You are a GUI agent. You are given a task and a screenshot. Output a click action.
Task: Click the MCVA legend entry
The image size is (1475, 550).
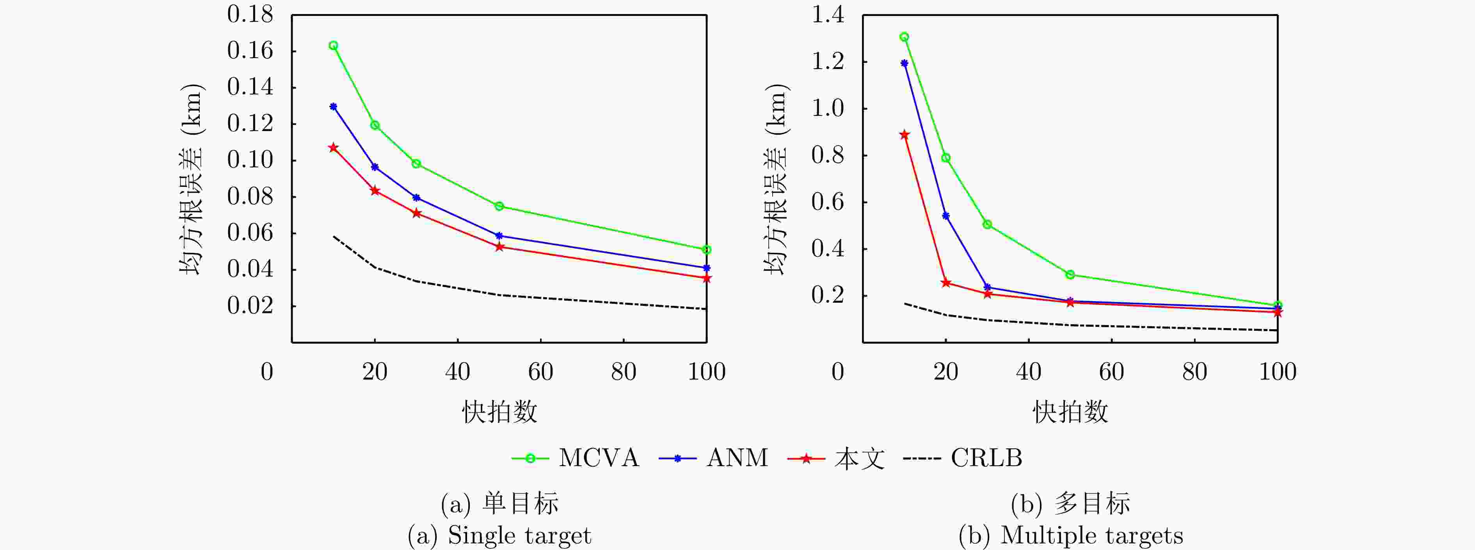(x=598, y=458)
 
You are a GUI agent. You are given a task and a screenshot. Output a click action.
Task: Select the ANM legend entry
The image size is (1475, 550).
(x=737, y=458)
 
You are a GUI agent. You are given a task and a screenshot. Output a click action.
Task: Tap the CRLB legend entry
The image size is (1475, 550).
(x=986, y=458)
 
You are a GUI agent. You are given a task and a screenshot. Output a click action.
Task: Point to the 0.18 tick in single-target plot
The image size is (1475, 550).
(x=250, y=15)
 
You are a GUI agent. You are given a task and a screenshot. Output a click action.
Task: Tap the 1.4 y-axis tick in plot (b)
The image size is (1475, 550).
(x=828, y=15)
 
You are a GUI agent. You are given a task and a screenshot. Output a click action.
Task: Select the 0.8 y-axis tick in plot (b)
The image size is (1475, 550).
(x=828, y=155)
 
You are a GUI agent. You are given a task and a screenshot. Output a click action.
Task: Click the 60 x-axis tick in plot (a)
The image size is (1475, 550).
(x=540, y=372)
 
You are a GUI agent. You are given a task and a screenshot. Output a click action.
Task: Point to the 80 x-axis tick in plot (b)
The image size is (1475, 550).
(x=1194, y=372)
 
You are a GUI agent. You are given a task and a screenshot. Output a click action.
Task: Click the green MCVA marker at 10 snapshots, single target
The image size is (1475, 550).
(x=333, y=46)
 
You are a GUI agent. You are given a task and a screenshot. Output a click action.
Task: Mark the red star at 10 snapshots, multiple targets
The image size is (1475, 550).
(x=904, y=135)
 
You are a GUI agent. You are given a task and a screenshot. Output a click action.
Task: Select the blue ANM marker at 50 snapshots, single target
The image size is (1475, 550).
(x=499, y=236)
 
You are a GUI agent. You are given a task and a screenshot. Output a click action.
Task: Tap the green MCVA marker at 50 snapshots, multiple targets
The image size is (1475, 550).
(x=1070, y=275)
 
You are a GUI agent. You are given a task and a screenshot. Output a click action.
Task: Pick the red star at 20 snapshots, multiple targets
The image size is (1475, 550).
(x=946, y=283)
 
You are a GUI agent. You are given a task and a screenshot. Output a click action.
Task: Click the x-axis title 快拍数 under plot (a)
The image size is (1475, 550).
(x=499, y=412)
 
